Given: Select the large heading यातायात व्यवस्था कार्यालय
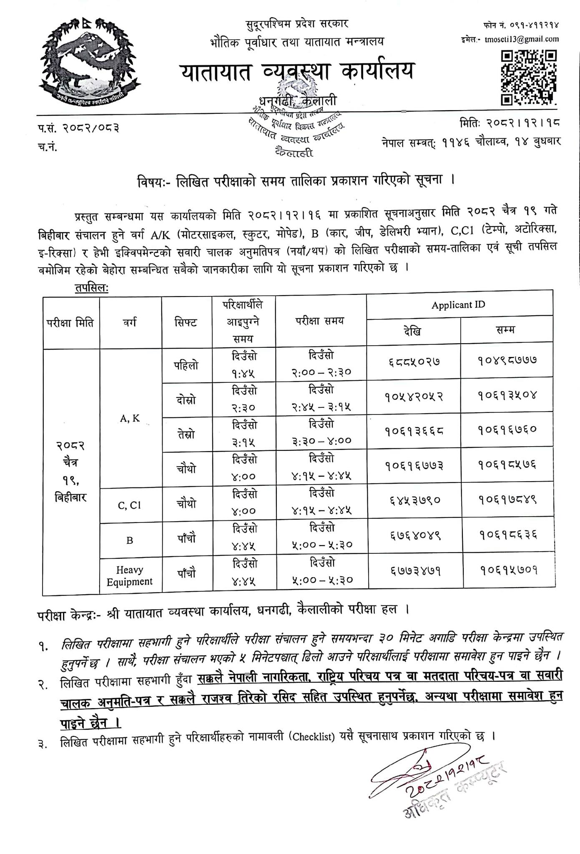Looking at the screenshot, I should tap(298, 70).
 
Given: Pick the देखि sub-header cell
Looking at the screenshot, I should tap(412, 331).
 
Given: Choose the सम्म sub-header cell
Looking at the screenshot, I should tap(506, 330).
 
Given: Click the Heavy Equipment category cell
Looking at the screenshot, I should tap(130, 575).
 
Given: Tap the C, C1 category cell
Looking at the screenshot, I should tap(130, 505).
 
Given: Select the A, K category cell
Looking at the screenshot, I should tap(130, 419).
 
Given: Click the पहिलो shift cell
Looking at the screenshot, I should tap(186, 365).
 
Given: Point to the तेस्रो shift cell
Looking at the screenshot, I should tap(186, 435).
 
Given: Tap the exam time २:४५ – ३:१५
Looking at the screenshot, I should tap(321, 407).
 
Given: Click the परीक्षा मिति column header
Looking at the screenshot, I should tap(70, 323).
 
